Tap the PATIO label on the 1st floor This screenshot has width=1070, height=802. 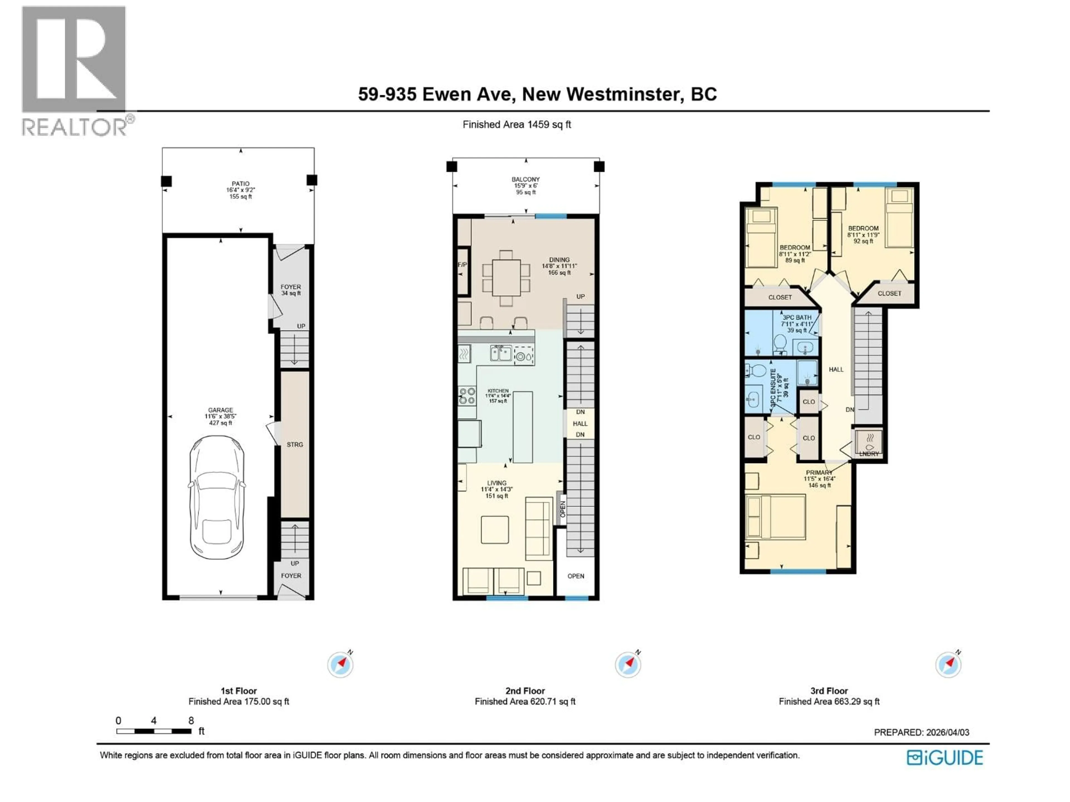[x=240, y=184]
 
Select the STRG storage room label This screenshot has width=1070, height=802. [x=295, y=444]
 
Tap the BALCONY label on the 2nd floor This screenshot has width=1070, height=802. [x=525, y=179]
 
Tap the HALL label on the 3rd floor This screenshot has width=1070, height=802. [x=836, y=369]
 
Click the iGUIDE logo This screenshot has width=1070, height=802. [x=944, y=757]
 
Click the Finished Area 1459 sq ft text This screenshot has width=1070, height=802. [x=517, y=124]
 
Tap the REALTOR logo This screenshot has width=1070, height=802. [x=75, y=70]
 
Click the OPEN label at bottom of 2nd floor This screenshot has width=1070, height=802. [x=576, y=576]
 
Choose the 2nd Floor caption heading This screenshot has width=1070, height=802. [x=525, y=691]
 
